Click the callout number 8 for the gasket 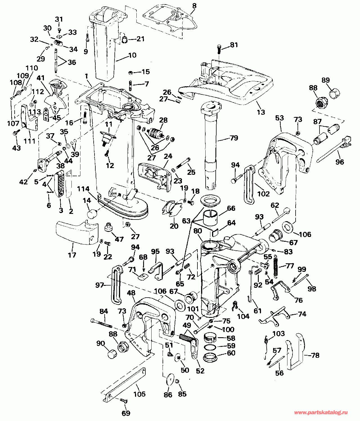(x=194, y=6)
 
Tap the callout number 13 (x=261, y=112)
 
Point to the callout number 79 (x=234, y=138)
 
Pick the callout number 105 (x=139, y=394)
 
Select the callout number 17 (x=72, y=255)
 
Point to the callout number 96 (x=339, y=162)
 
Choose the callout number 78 (x=315, y=355)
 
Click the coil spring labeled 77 (x=276, y=266)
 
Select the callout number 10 (x=132, y=55)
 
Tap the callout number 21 (x=140, y=39)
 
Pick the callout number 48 (x=131, y=293)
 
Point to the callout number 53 (x=280, y=118)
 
